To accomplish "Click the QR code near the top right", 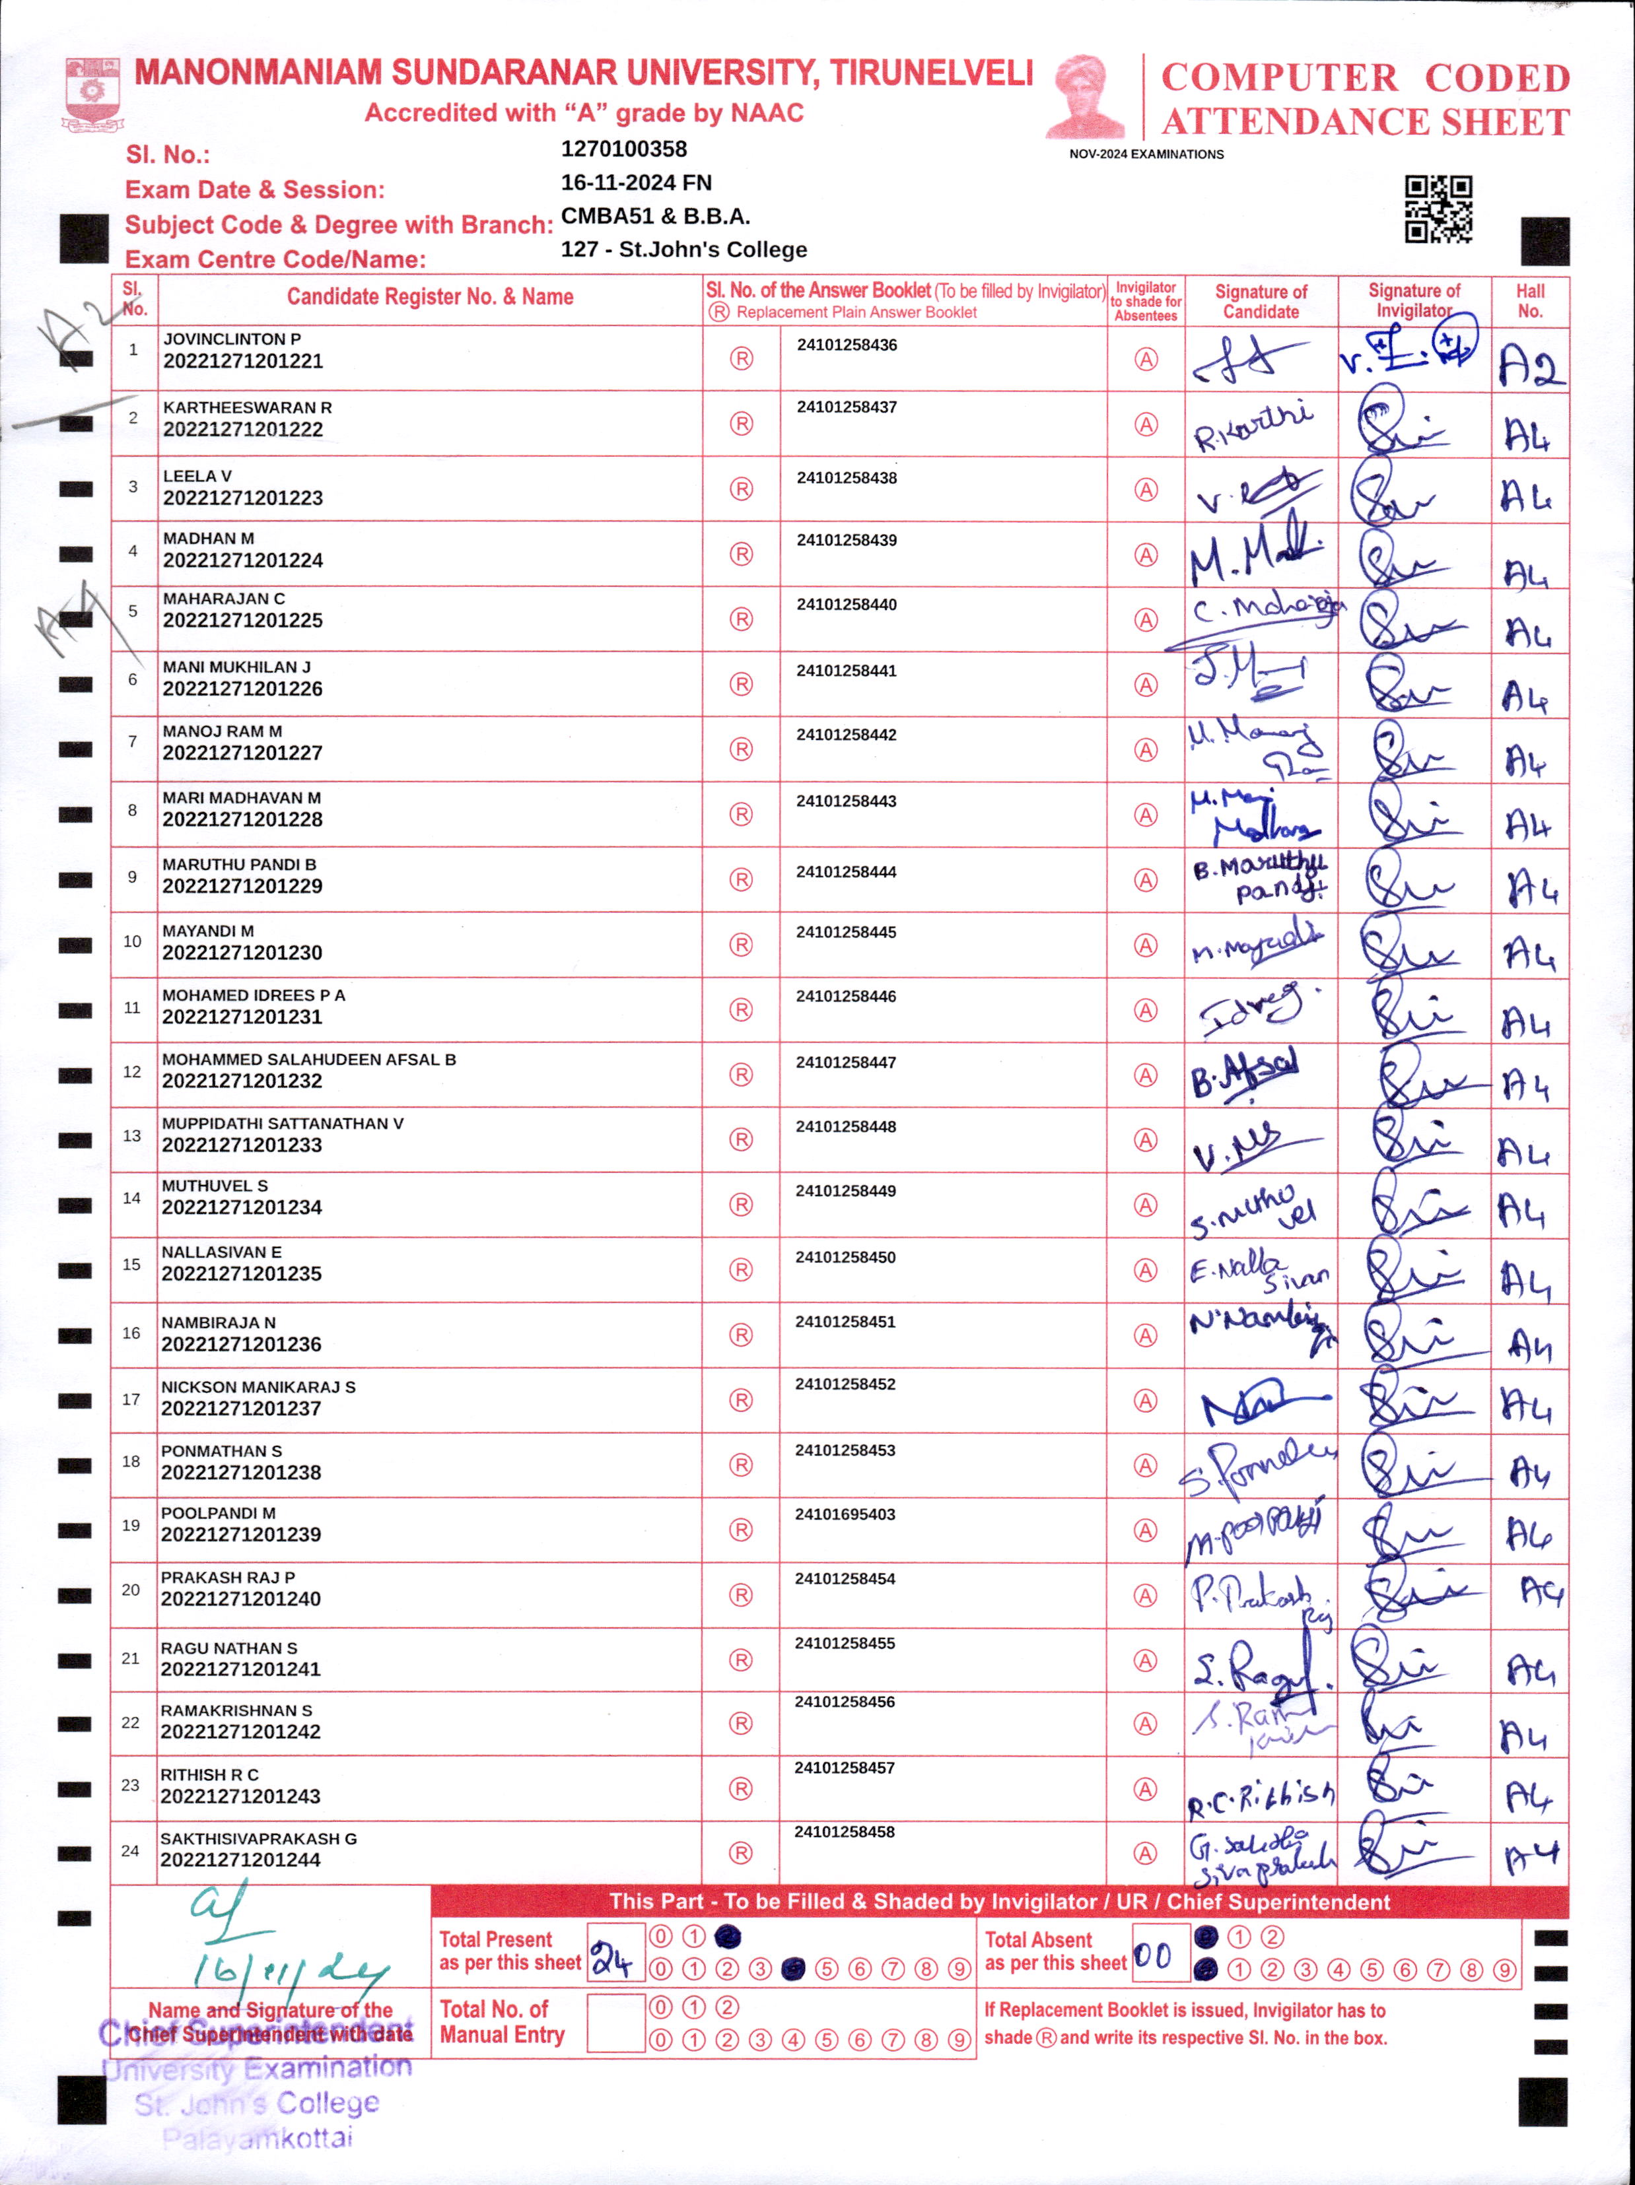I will coord(1438,209).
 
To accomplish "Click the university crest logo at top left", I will coord(93,94).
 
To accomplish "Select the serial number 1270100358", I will coord(623,149).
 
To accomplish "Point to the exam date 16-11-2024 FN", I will coord(635,183).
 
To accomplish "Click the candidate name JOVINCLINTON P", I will coord(232,339).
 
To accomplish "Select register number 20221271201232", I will coord(242,1081).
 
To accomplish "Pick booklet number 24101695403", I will coord(845,1514).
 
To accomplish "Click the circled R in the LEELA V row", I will coord(741,489).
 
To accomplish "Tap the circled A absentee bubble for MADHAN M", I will coord(1145,555).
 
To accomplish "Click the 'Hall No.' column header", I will coord(1529,300).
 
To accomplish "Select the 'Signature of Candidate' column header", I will coord(1261,301).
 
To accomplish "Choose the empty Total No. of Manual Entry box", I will coord(615,2022).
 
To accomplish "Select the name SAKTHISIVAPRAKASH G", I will coord(259,1838).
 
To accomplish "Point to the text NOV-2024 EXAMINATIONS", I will coord(1146,154).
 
